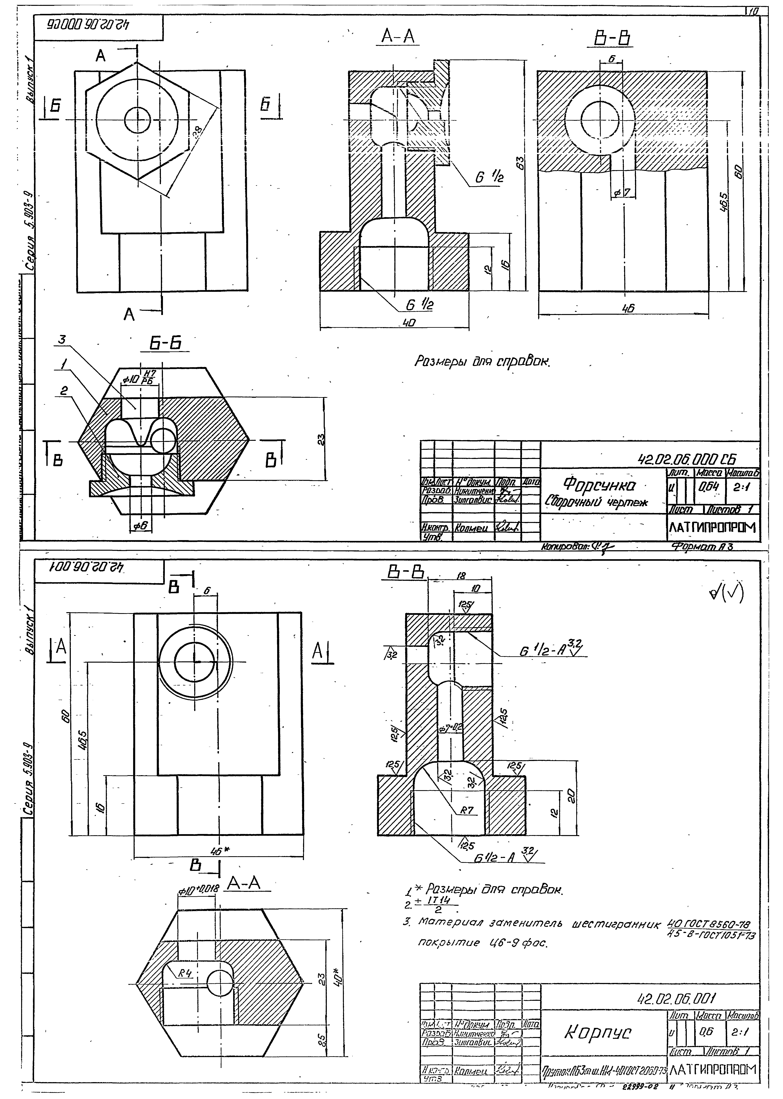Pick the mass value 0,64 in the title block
pyautogui.click(x=708, y=487)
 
